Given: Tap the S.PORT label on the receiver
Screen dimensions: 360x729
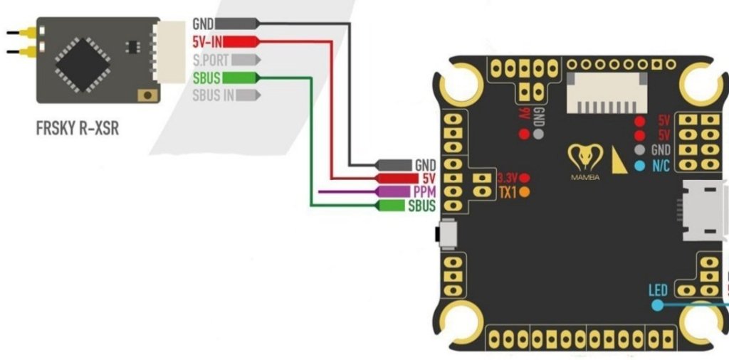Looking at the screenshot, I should point(211,60).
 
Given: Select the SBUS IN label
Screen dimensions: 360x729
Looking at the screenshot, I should point(214,95).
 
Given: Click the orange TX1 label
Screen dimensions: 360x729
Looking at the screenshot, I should point(507,192).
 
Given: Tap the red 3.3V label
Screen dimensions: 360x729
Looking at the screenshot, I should point(508,177).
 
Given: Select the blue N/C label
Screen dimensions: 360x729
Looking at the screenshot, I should point(660,165).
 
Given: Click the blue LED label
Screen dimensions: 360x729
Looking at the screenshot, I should point(658,290).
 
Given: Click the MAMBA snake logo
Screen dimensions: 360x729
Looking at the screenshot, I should point(585,159).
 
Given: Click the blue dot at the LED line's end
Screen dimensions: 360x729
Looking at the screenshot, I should point(658,305).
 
